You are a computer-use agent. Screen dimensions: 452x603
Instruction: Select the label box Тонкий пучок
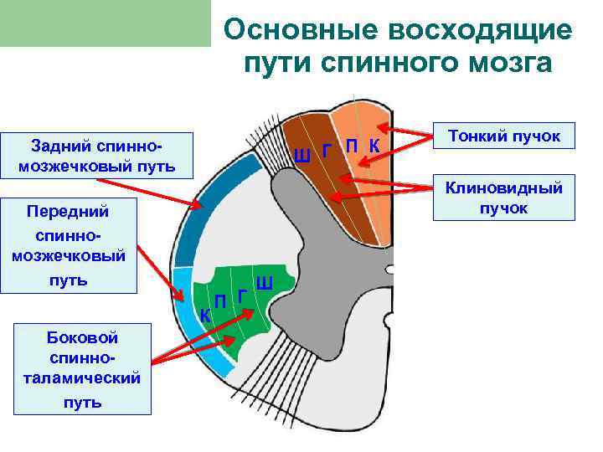(x=504, y=135)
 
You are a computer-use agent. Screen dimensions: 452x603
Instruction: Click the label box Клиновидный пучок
(x=503, y=198)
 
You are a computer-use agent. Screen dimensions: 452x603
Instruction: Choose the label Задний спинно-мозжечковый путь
(x=97, y=156)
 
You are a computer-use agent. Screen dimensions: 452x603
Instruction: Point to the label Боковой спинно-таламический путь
(x=83, y=369)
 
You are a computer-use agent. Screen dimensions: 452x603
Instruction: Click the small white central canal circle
(x=389, y=270)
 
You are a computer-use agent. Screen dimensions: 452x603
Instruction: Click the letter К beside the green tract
(x=204, y=316)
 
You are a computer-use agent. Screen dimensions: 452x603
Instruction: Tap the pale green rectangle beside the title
(x=105, y=23)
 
